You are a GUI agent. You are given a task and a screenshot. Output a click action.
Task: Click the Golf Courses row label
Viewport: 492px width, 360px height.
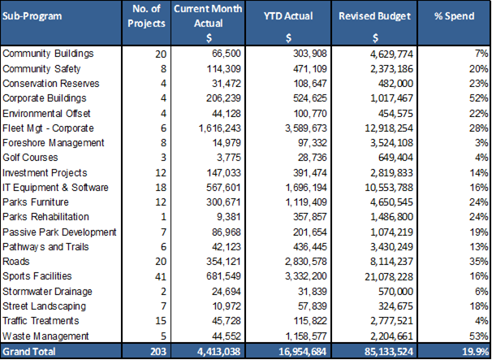(x=31, y=157)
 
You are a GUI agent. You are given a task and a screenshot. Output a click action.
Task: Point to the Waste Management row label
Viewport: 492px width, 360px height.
(x=45, y=336)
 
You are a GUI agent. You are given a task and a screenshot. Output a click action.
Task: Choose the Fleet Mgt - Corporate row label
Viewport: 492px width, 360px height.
(x=49, y=128)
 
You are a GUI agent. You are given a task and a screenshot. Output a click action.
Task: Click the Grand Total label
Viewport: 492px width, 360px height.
(x=29, y=352)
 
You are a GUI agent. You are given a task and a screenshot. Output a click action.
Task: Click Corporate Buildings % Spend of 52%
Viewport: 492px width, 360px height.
(x=477, y=98)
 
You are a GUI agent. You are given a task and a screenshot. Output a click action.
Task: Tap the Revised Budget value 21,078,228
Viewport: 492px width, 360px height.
(x=393, y=276)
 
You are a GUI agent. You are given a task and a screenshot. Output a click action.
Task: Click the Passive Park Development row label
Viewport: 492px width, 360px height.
(x=60, y=232)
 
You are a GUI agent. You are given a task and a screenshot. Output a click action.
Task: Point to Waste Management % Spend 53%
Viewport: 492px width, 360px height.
(x=477, y=336)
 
